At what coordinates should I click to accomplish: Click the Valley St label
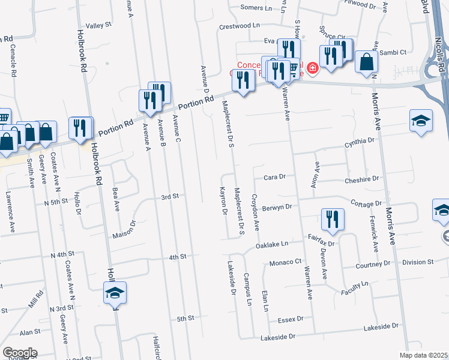99,25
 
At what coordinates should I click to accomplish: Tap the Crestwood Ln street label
240,26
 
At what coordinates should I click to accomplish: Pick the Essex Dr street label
284,319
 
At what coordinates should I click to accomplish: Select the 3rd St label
170,196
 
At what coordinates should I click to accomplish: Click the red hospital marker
312,69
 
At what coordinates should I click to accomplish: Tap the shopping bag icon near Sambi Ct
366,62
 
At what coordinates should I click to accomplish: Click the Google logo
20,353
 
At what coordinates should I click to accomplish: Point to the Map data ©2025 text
423,355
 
